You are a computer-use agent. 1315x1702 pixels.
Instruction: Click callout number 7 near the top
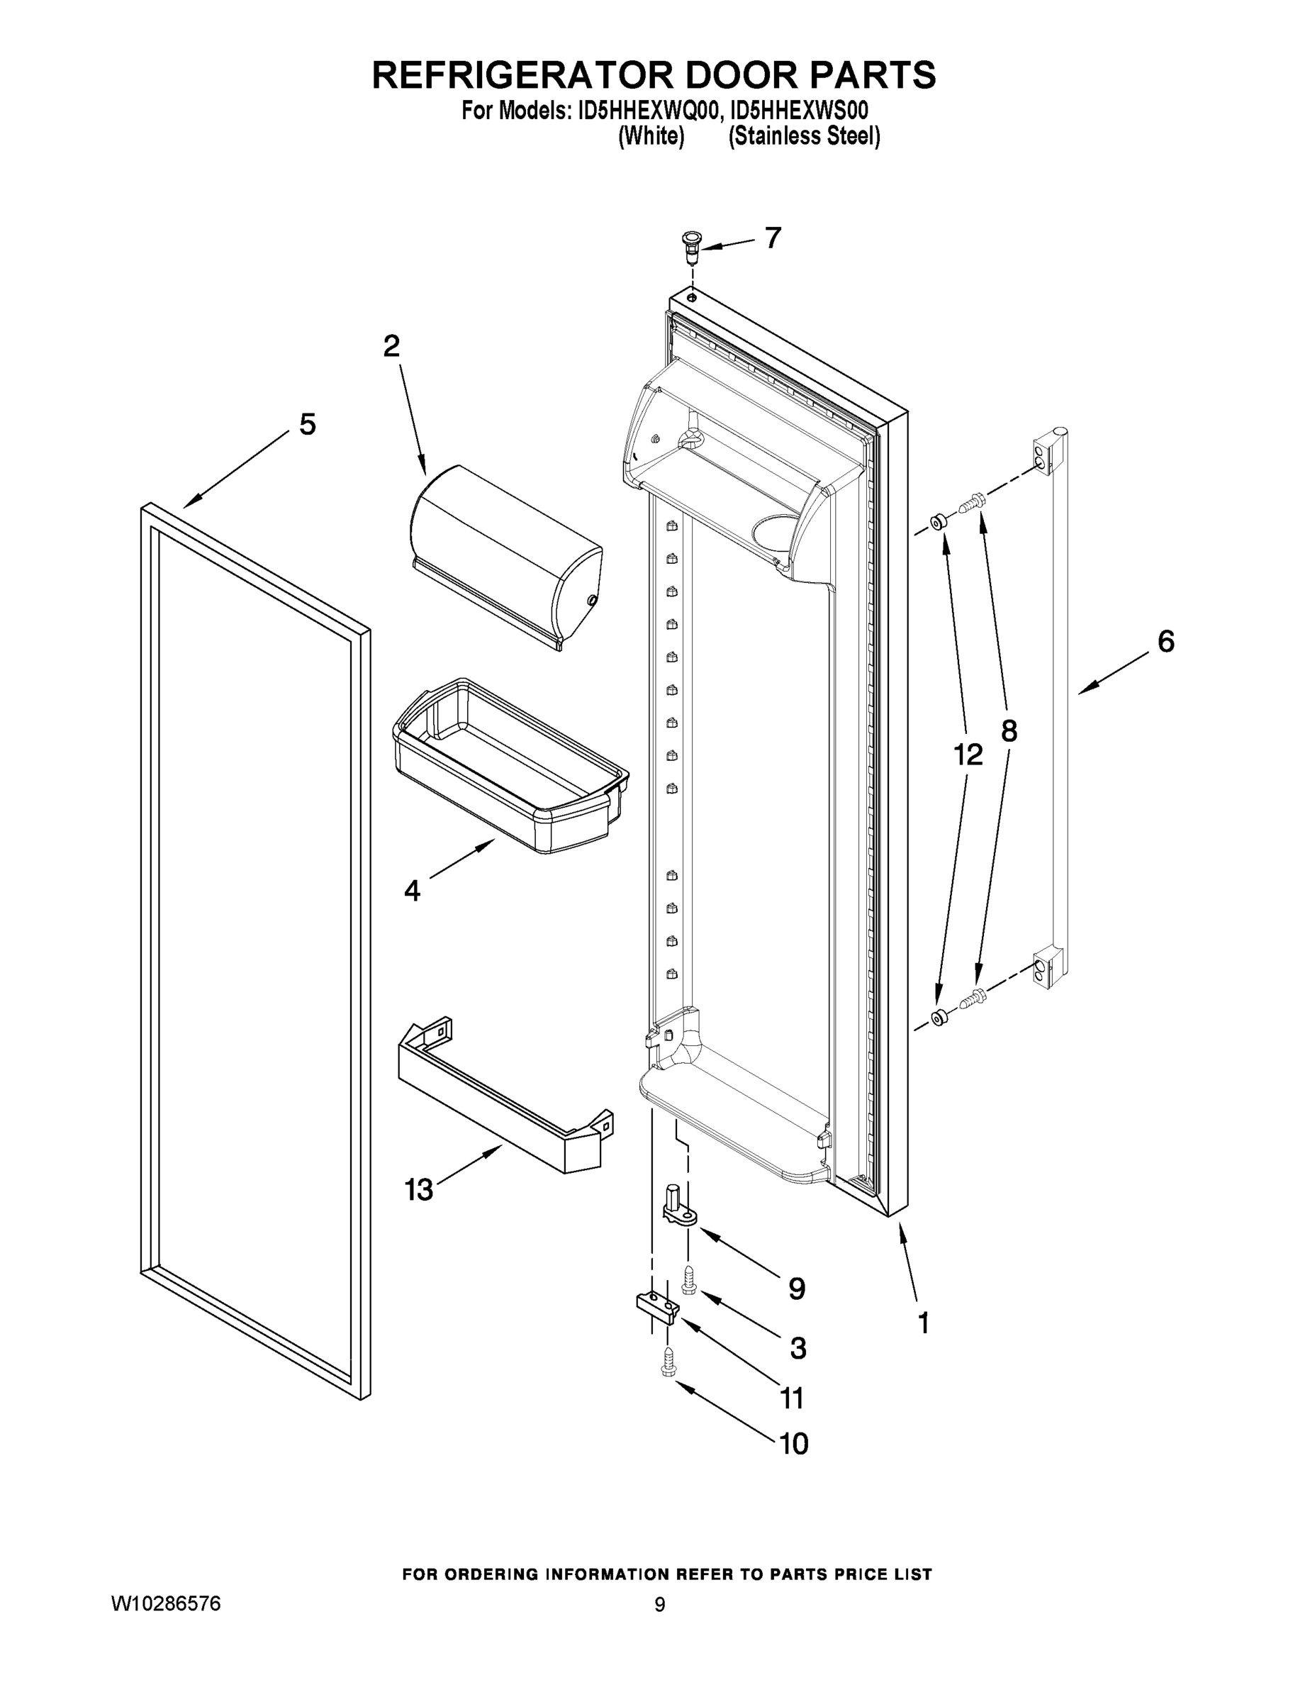tap(772, 238)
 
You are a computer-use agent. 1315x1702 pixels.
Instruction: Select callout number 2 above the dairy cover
tap(391, 346)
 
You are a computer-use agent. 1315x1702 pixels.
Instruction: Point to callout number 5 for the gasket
tap(308, 425)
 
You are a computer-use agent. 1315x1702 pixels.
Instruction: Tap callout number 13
tap(418, 1189)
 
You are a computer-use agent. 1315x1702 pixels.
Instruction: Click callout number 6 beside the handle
tap(1165, 641)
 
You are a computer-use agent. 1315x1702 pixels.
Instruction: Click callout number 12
tap(968, 754)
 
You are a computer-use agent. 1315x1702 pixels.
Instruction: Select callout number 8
tap(1009, 730)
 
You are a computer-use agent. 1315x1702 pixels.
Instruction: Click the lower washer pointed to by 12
tap(939, 1016)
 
